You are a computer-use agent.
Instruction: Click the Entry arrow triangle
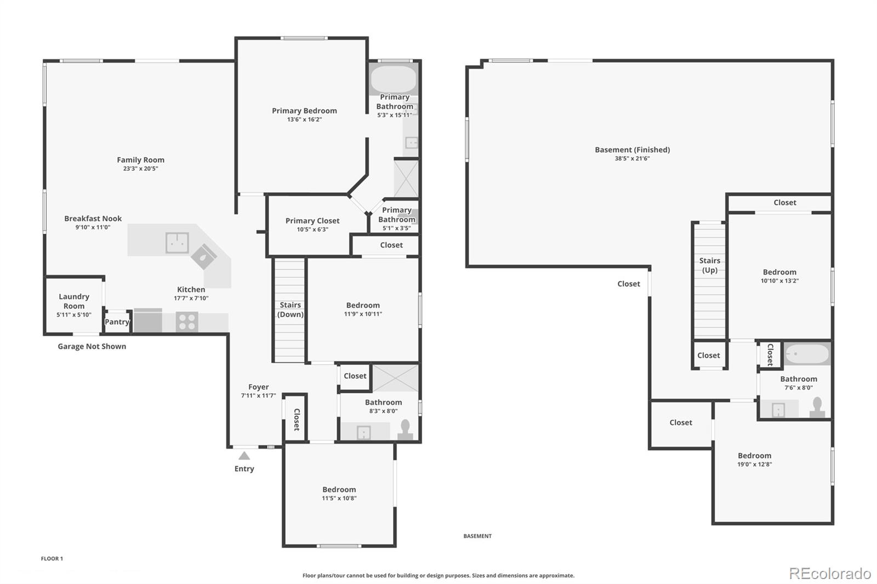pyautogui.click(x=244, y=456)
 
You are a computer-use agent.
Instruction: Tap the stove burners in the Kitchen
pyautogui.click(x=187, y=322)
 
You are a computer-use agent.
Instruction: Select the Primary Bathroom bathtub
pyautogui.click(x=393, y=79)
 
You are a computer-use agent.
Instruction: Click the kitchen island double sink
pyautogui.click(x=177, y=242)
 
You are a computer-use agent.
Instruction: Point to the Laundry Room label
pyautogui.click(x=74, y=301)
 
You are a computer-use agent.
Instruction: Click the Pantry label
pyautogui.click(x=117, y=322)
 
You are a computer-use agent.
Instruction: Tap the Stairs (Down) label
pyautogui.click(x=290, y=310)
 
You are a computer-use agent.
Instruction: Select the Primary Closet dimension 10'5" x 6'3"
pyautogui.click(x=312, y=230)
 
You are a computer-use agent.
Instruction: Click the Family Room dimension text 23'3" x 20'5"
pyautogui.click(x=140, y=169)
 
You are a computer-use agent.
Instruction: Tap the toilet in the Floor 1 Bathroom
pyautogui.click(x=406, y=430)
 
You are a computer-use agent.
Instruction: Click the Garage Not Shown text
pyautogui.click(x=92, y=346)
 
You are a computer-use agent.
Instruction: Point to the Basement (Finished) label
pyautogui.click(x=632, y=150)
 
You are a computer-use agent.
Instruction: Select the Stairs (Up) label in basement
pyautogui.click(x=709, y=265)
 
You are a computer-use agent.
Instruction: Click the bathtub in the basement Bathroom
pyautogui.click(x=806, y=354)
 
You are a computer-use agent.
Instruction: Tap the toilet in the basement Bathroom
pyautogui.click(x=818, y=408)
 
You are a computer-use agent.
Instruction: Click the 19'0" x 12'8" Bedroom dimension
pyautogui.click(x=754, y=465)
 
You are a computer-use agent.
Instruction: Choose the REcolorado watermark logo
pyautogui.click(x=829, y=573)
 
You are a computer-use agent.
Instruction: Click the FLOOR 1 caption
pyautogui.click(x=52, y=559)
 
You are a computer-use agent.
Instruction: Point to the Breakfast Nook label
pyautogui.click(x=93, y=218)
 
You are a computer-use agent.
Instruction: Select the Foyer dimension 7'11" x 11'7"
pyautogui.click(x=258, y=396)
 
